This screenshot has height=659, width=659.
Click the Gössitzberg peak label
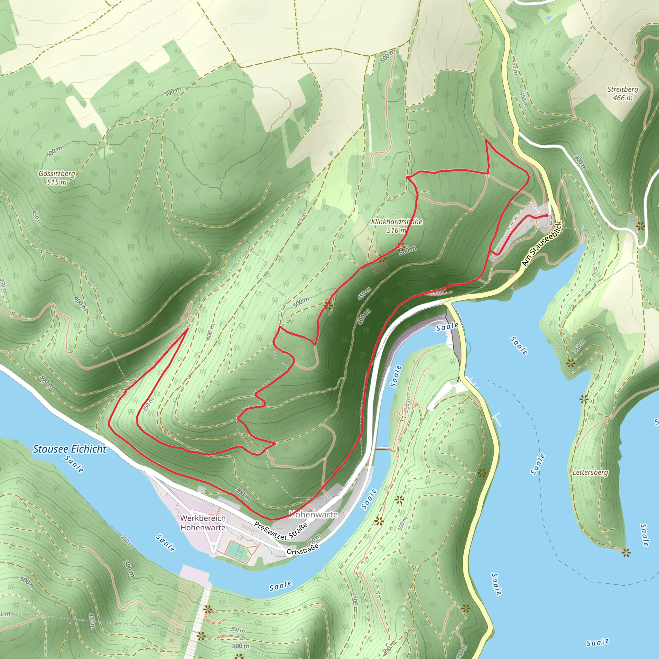point(57,174)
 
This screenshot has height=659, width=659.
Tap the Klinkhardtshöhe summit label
point(397,222)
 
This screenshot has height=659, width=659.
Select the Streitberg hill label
point(623,89)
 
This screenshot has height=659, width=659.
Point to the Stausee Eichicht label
point(70,449)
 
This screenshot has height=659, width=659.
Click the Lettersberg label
point(590,472)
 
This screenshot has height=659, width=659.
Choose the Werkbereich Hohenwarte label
point(203,523)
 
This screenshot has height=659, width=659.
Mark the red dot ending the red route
point(547,215)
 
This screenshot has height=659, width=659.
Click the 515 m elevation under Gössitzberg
point(57,182)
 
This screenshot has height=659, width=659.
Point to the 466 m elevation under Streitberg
point(623,98)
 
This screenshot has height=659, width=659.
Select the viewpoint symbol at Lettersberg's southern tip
point(626,552)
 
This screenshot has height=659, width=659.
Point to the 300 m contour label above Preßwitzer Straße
point(243,494)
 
